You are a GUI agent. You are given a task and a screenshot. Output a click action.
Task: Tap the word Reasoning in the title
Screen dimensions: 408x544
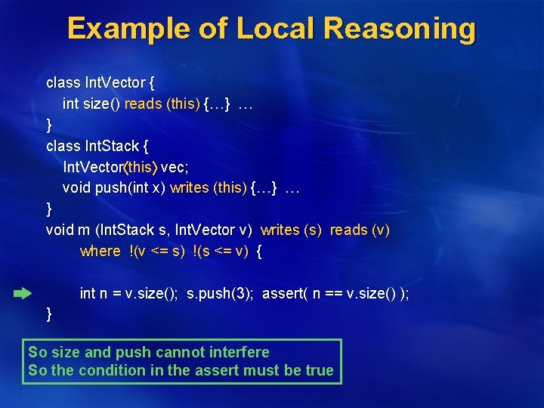click(400, 29)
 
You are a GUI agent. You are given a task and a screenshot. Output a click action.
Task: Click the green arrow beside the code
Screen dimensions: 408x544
click(23, 292)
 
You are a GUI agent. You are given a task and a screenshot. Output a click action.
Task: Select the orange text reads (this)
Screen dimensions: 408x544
click(162, 104)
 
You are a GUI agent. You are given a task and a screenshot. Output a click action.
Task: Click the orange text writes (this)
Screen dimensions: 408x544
click(209, 187)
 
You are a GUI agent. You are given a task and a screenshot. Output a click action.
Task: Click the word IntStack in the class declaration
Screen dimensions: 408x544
click(111, 146)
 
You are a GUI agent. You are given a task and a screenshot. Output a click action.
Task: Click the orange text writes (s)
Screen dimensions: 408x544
click(291, 230)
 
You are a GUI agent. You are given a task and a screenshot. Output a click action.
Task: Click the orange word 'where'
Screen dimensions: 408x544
click(100, 251)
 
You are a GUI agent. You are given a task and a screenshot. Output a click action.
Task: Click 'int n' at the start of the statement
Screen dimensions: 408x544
click(91, 293)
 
